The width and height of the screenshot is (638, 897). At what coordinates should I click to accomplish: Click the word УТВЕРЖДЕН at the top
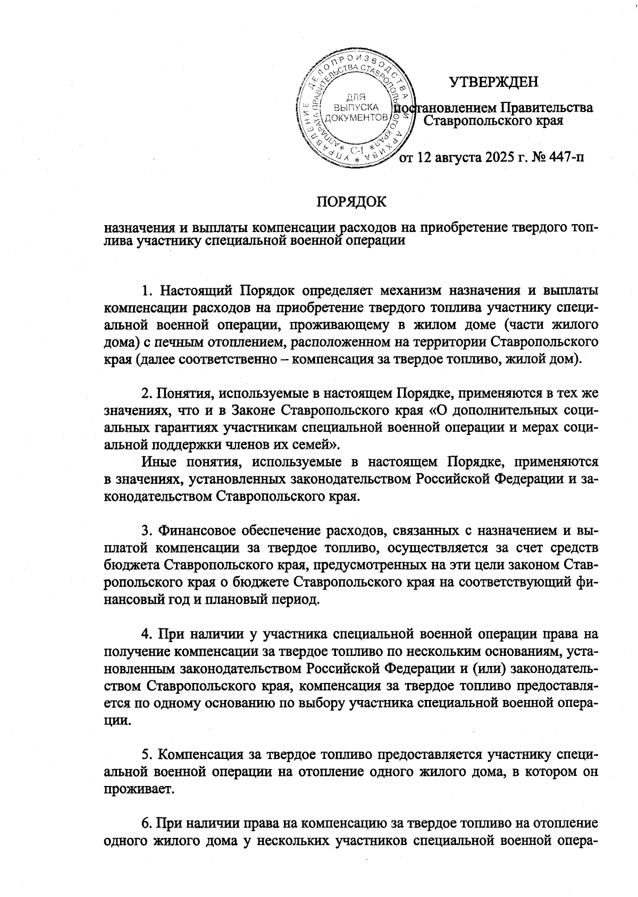coord(493,82)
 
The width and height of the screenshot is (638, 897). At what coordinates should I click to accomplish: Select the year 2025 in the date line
coord(500,158)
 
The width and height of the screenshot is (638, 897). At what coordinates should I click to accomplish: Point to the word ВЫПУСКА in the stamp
coord(355,107)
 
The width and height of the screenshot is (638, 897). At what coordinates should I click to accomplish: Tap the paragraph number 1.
coord(147,292)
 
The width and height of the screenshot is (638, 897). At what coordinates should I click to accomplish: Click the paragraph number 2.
coord(147,394)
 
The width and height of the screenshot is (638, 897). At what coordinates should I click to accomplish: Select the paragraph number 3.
coord(147,531)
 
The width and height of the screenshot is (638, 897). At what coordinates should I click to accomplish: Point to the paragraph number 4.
coord(147,634)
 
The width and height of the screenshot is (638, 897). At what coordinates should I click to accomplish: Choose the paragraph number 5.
coord(147,754)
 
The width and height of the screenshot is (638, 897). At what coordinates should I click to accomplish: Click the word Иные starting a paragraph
coord(161,462)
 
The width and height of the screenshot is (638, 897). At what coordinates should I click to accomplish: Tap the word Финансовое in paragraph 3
coord(197,531)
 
